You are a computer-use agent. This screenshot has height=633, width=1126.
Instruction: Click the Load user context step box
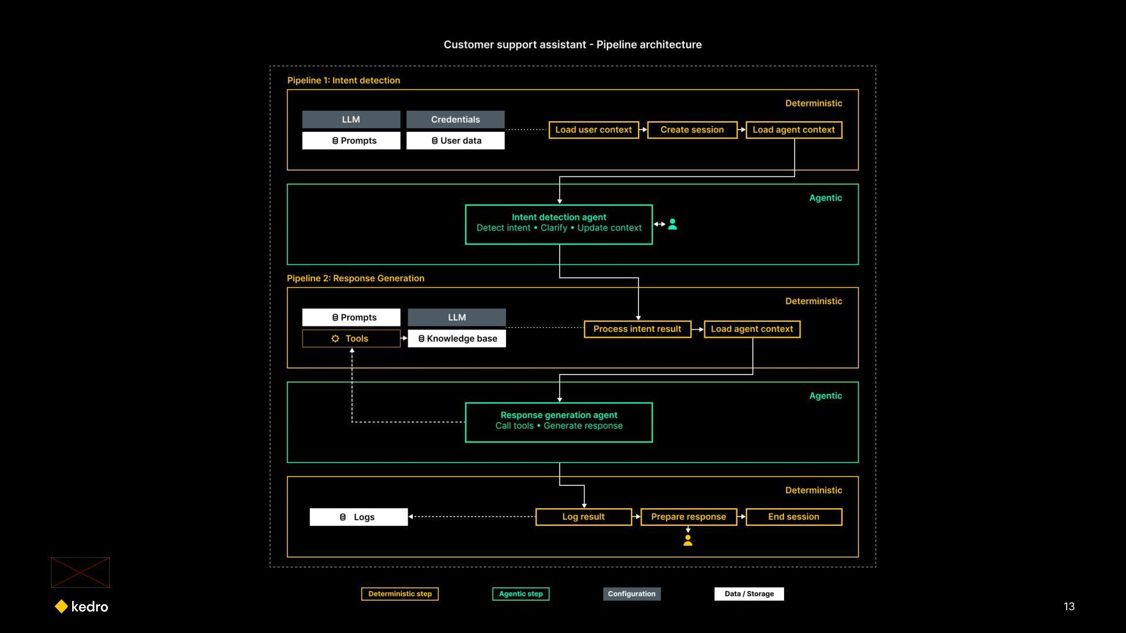tap(593, 130)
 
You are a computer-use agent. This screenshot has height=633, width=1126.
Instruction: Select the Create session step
tap(692, 130)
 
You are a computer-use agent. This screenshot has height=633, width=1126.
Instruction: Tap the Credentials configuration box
tap(456, 120)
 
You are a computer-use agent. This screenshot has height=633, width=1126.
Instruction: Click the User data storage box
tap(456, 141)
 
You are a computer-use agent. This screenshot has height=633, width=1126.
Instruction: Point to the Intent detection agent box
tap(559, 224)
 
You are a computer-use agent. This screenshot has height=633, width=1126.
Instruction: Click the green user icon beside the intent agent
tap(673, 224)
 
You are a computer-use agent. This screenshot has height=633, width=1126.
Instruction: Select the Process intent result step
tap(637, 329)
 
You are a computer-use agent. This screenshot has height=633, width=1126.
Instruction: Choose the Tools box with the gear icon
tap(351, 339)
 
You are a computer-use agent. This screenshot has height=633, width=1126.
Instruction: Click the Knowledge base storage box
tap(457, 339)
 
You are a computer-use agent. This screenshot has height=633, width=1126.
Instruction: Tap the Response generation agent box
tap(559, 423)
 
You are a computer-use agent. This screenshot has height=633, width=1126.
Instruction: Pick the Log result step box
tap(584, 517)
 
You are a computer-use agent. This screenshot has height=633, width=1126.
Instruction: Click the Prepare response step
tap(689, 517)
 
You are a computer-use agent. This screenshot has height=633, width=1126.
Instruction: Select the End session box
tap(794, 517)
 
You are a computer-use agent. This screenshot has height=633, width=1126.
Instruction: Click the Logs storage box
tap(358, 517)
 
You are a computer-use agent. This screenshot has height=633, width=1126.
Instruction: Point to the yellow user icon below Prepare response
tap(688, 540)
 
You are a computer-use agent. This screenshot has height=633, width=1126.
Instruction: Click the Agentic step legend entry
tap(521, 594)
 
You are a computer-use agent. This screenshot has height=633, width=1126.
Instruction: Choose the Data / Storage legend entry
tap(749, 594)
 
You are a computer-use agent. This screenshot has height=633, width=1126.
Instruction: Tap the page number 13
tap(1069, 607)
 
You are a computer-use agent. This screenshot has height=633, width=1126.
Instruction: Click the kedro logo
tap(82, 607)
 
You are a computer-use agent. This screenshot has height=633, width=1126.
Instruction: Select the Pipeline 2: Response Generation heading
tap(355, 278)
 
